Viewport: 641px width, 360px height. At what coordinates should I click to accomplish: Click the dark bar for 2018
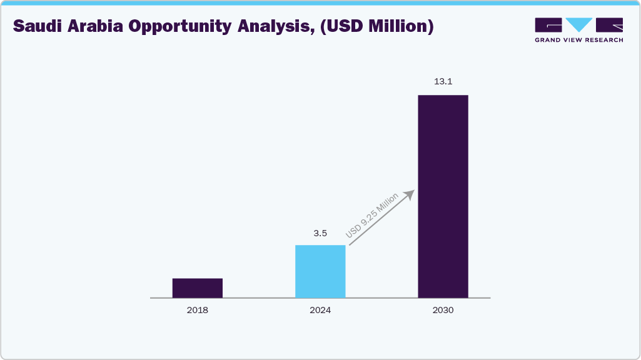[x=198, y=288]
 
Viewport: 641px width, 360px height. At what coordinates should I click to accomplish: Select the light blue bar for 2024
[x=320, y=271]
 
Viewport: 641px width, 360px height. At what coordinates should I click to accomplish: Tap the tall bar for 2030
[x=443, y=196]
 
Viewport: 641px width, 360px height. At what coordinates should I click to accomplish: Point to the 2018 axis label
[x=198, y=310]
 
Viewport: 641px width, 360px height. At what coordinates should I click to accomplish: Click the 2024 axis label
[x=320, y=310]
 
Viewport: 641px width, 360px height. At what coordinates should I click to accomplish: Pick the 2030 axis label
[x=443, y=310]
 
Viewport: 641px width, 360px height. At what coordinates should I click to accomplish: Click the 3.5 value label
[x=320, y=233]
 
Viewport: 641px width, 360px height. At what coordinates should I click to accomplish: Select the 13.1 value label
[x=443, y=82]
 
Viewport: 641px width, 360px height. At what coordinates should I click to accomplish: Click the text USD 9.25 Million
[x=372, y=216]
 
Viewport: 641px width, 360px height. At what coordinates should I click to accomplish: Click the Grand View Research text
[x=578, y=40]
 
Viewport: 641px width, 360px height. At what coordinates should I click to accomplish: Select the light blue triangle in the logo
[x=579, y=24]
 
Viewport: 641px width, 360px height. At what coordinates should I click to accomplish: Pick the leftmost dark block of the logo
[x=548, y=24]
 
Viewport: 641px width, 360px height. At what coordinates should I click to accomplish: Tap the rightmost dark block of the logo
[x=609, y=24]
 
